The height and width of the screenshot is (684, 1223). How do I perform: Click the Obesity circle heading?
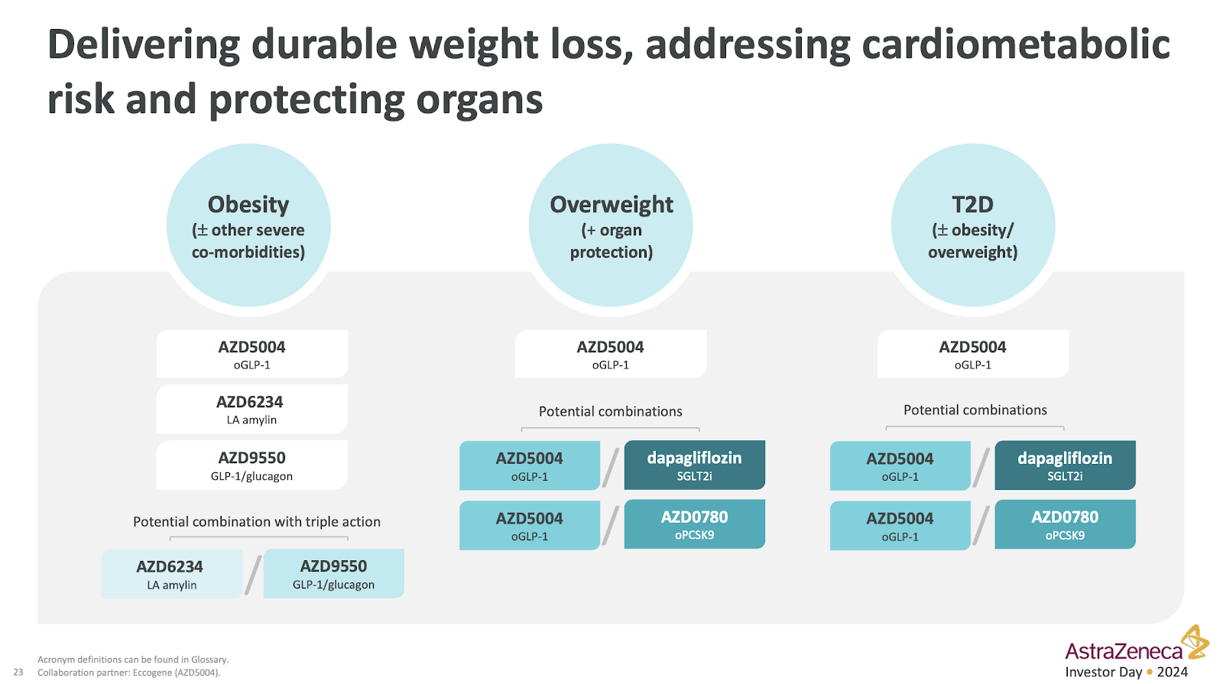coord(248,205)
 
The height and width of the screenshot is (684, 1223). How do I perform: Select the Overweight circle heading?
coord(611,205)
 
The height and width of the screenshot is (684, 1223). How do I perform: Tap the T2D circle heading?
coord(972,205)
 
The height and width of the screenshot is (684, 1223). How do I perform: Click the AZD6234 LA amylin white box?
coord(251,409)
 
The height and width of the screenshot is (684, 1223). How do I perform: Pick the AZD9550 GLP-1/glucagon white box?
coord(251,465)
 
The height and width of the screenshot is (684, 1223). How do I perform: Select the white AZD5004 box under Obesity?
coord(251,354)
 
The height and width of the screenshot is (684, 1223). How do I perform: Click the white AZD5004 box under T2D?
coord(973,354)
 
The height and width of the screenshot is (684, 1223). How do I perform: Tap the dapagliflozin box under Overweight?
coord(695,465)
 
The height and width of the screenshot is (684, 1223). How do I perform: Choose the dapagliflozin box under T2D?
coord(1066,465)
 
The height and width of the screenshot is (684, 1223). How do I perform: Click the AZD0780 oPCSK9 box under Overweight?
coord(695,524)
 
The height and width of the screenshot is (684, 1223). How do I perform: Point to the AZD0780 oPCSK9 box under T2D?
coord(1066,524)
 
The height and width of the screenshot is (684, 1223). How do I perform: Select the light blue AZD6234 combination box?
coord(171,574)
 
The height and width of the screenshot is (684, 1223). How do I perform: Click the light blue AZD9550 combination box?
coord(333,574)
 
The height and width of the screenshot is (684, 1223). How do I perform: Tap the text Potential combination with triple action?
coord(257,522)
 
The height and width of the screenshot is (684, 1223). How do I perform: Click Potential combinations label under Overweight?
coord(611,411)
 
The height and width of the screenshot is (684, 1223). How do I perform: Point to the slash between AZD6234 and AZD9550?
coord(253,574)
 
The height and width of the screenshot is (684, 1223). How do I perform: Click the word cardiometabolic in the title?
coord(1016,45)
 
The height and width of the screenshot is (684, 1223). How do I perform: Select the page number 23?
coord(18,672)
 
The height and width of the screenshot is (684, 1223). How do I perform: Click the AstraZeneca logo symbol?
coord(1195,642)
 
